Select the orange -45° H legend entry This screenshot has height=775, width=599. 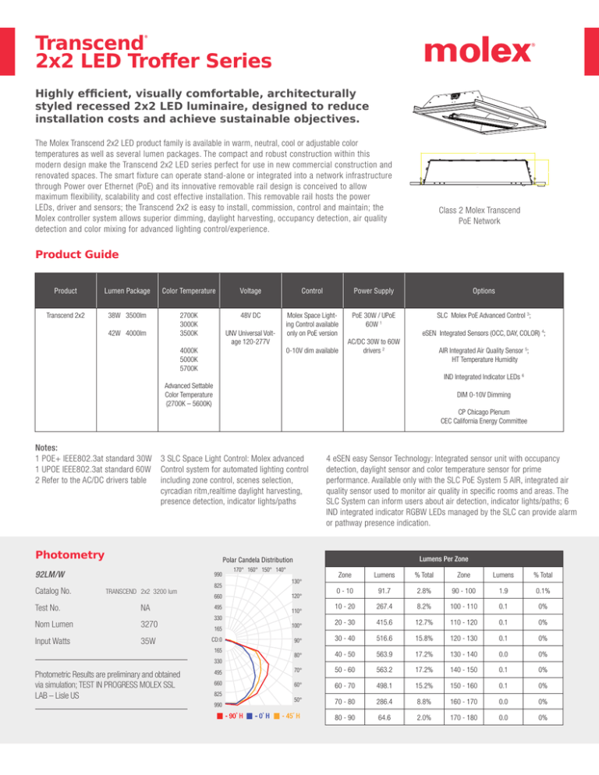285,738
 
